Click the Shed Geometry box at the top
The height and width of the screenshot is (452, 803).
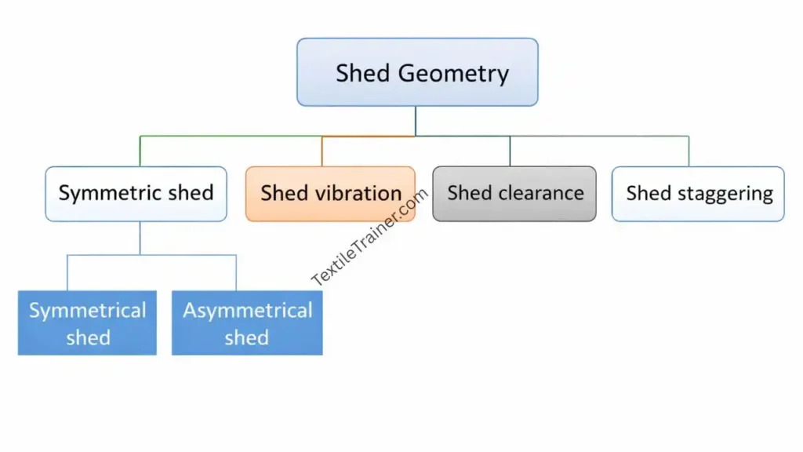(x=417, y=72)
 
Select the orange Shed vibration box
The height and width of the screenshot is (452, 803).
(x=330, y=194)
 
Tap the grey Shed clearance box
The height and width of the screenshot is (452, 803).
(x=514, y=194)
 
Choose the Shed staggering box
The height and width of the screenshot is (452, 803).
(x=698, y=194)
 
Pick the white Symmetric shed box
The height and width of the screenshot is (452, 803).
(x=136, y=194)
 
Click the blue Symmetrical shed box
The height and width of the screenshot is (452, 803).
(x=87, y=323)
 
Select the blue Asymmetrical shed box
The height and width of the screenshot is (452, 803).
(x=247, y=323)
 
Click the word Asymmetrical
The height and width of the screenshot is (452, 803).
(x=248, y=311)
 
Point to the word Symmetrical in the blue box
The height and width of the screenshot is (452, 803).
(x=88, y=311)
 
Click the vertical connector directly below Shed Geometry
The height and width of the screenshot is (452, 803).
(x=416, y=121)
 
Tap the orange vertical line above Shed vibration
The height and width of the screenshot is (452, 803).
(x=322, y=151)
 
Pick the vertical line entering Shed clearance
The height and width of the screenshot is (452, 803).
(x=510, y=151)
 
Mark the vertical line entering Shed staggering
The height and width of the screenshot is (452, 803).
(x=689, y=151)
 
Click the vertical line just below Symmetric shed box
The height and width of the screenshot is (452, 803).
(x=140, y=238)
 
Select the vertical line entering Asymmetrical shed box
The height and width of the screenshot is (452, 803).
(x=236, y=272)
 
